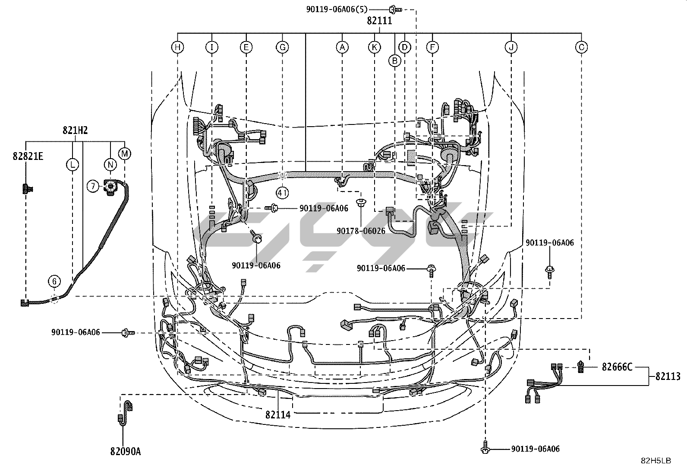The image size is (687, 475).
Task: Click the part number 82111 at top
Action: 379,20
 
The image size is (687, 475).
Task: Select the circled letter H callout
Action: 177,47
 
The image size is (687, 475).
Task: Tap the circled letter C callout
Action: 581,47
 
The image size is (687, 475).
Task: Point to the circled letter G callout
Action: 282,47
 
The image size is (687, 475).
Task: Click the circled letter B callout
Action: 394,61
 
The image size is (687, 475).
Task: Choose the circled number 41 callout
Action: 282,193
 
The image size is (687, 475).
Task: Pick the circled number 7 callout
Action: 93,186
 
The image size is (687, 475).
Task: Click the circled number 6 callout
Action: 54,282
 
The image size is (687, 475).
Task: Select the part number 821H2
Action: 76,130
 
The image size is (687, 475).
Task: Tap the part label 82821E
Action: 28,156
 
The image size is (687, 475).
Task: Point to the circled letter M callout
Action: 124,153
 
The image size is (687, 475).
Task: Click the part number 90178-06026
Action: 361,231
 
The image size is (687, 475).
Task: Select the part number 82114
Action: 278,414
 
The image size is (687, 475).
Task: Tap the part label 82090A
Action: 125,452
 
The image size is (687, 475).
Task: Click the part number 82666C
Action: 617,367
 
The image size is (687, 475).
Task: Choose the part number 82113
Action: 668,376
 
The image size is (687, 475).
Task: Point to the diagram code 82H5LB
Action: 655,461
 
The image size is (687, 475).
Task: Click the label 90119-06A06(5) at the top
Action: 337,8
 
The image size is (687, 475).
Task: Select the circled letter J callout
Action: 511,47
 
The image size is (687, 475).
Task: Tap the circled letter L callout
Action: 72,164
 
